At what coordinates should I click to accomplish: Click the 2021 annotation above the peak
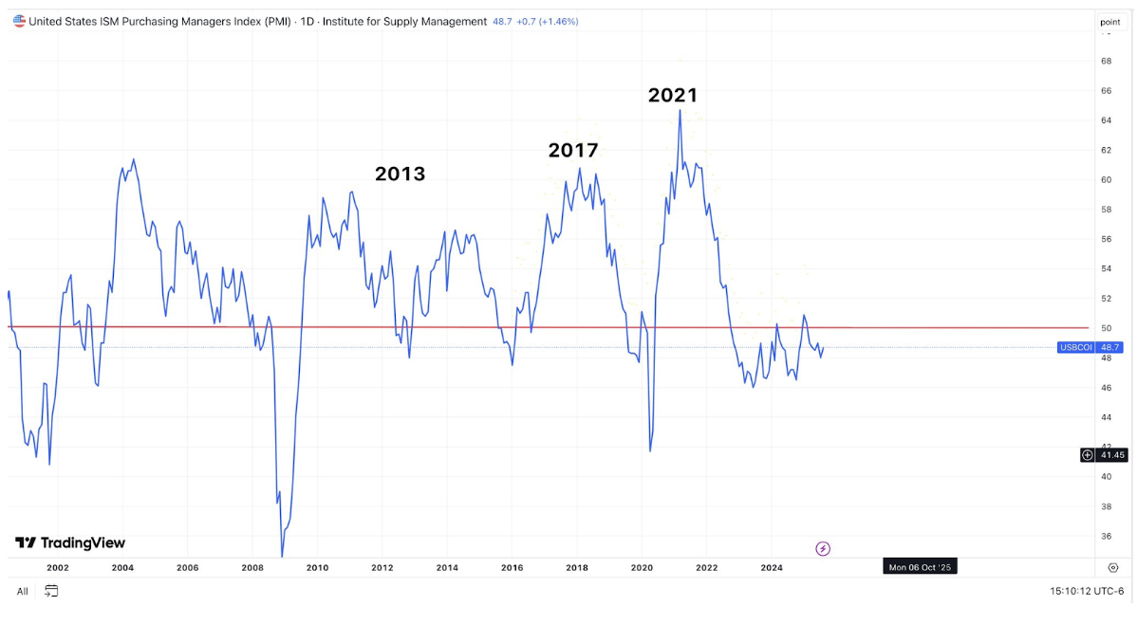673,95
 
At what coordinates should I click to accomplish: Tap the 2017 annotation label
573,150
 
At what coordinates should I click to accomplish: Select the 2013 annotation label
400,174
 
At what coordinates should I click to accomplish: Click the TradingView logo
70,543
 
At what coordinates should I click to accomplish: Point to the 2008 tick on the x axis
252,568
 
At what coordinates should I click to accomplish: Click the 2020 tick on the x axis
642,568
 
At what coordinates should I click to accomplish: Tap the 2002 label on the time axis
58,568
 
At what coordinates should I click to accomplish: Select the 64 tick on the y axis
1106,120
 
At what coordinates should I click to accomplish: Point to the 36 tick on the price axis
1106,536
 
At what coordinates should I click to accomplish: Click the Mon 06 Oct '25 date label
920,567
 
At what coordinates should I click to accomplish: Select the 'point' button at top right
1109,22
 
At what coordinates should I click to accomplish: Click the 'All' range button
22,592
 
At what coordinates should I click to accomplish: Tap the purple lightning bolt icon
824,548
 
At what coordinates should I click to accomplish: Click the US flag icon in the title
19,21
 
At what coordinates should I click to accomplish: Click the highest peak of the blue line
680,110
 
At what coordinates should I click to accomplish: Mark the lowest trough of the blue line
283,556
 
